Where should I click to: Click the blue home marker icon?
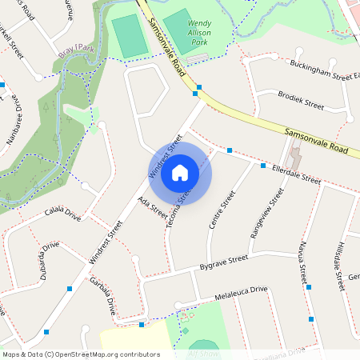(x=180, y=172)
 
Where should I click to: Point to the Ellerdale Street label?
(x=296, y=175)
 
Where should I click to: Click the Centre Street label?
(x=222, y=210)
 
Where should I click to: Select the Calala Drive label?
(x=63, y=215)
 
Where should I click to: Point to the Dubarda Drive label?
(x=43, y=258)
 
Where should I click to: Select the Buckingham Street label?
(x=324, y=70)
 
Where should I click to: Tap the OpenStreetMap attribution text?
(x=81, y=354)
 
